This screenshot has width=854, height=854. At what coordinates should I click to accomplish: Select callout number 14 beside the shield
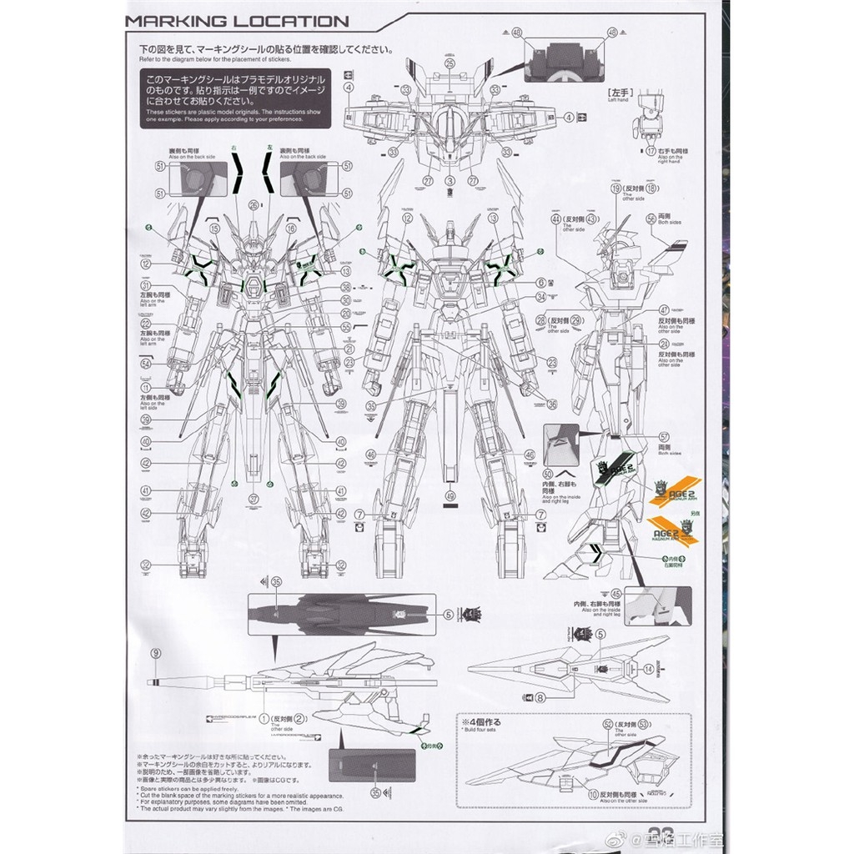click(x=650, y=667)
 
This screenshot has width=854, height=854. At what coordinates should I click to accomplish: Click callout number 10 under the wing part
click(x=593, y=795)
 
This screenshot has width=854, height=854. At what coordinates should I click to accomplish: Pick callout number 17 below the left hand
click(x=650, y=151)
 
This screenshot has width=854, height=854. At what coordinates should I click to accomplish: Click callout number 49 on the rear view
click(x=451, y=496)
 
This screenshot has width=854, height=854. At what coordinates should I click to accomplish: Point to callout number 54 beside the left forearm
click(x=146, y=364)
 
